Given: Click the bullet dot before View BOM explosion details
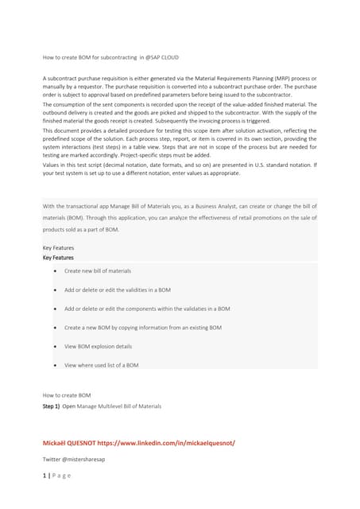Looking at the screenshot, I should click(x=53, y=347).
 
